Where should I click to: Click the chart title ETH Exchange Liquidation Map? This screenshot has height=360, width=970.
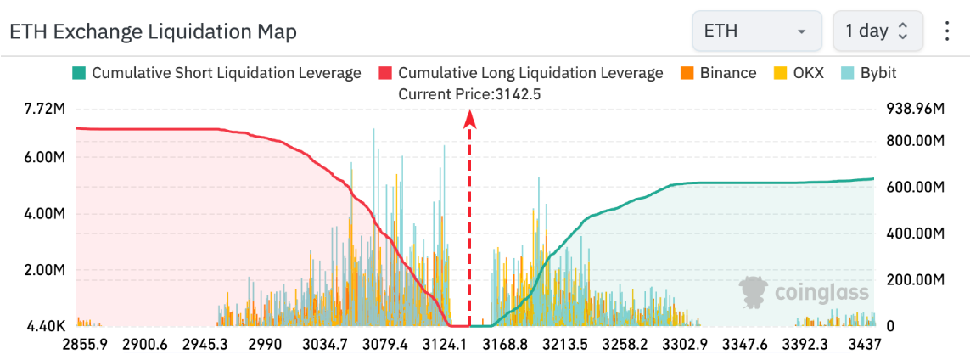click(x=153, y=32)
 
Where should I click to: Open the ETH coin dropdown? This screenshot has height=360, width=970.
click(x=756, y=31)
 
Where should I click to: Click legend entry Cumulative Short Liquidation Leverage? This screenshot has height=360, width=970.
click(x=217, y=73)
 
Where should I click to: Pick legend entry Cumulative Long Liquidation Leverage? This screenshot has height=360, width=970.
click(x=521, y=73)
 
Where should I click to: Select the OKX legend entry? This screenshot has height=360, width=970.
click(x=800, y=73)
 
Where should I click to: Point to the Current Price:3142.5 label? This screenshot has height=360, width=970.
click(x=469, y=94)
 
